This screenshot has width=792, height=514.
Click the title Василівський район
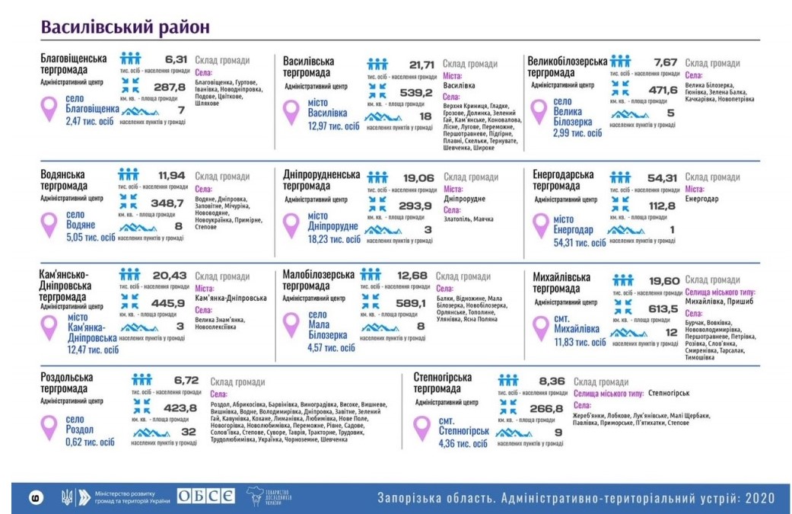(126, 26)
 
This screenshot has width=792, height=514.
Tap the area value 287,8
(169, 87)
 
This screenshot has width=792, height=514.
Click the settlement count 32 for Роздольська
(189, 431)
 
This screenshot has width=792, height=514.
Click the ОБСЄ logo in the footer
(206, 497)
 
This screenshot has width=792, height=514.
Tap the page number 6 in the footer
(35, 498)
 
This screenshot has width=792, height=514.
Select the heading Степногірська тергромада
(443, 383)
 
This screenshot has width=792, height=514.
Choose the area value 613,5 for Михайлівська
(663, 308)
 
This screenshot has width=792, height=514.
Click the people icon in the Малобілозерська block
(371, 274)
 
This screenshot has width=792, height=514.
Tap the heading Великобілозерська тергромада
(567, 66)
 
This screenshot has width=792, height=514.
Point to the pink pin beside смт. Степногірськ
(422, 429)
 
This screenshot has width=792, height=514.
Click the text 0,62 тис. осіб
(90, 442)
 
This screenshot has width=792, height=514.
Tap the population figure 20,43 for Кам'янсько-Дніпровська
(169, 275)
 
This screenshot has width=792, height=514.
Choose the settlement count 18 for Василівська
(425, 117)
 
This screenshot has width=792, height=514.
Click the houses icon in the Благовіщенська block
(135, 111)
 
